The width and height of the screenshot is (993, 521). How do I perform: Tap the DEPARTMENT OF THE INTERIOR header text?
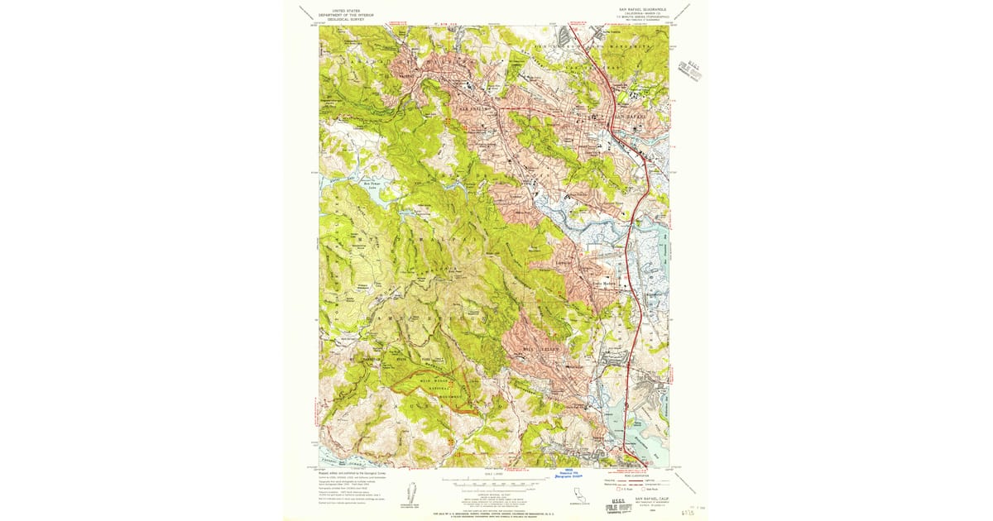[x=348, y=15]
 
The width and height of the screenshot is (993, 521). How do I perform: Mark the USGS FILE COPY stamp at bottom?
[x=608, y=504]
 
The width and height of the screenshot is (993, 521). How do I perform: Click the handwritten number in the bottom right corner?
[x=686, y=512]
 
